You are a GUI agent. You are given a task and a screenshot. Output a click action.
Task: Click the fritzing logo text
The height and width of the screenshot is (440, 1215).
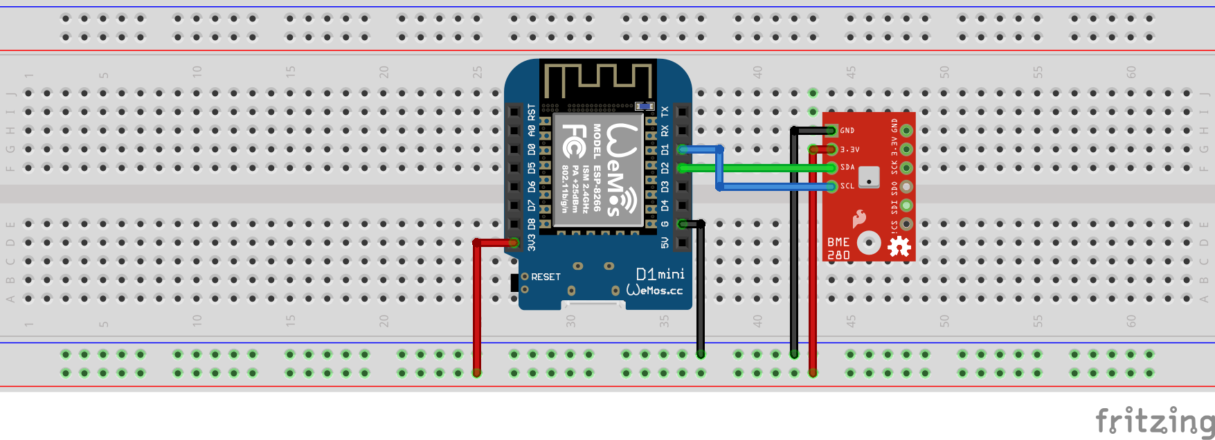[1154, 421]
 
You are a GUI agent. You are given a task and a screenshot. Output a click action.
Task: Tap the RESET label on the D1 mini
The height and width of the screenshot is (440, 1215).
[546, 277]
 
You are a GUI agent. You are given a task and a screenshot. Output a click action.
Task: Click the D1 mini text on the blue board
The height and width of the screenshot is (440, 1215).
[660, 274]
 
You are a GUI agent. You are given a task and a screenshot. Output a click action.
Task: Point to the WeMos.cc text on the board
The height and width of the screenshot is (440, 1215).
[654, 290]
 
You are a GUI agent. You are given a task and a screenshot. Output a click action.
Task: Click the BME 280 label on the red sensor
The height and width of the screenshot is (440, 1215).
[838, 248]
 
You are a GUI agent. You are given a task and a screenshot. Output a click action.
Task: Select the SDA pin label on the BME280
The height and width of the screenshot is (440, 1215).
[847, 167]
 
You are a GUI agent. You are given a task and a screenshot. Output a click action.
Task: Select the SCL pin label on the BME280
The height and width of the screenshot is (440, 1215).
[847, 186]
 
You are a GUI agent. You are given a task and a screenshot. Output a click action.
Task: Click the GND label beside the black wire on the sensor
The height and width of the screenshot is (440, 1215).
[847, 130]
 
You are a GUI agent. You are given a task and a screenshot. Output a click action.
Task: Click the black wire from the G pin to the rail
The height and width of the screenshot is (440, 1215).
[701, 291]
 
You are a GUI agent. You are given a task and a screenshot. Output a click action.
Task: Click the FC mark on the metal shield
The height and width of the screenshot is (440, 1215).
[573, 141]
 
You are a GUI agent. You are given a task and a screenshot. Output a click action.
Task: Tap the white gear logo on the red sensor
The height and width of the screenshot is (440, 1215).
[899, 246]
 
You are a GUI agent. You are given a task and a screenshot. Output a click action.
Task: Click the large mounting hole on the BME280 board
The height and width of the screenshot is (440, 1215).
[869, 243]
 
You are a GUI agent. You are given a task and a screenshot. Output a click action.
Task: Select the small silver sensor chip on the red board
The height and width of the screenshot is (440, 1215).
[869, 177]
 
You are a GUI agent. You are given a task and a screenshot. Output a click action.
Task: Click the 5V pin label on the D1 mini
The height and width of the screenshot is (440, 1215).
[665, 243]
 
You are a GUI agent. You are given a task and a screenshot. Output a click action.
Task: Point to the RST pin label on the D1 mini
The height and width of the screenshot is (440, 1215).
[532, 112]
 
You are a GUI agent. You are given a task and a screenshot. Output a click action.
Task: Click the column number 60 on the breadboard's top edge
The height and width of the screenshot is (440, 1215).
[1131, 72]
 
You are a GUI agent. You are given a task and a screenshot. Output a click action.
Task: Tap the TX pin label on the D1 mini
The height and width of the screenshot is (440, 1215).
[665, 112]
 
